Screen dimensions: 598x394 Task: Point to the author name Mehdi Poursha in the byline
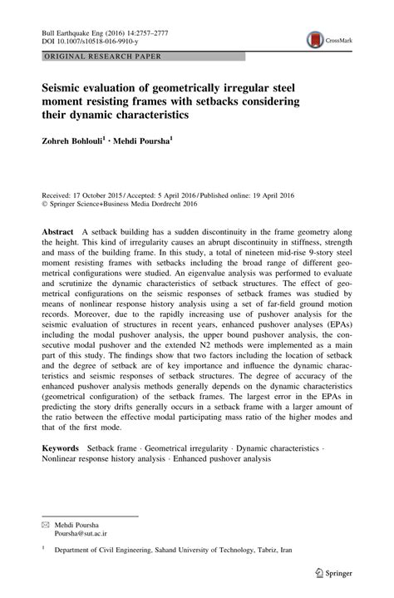170,141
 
